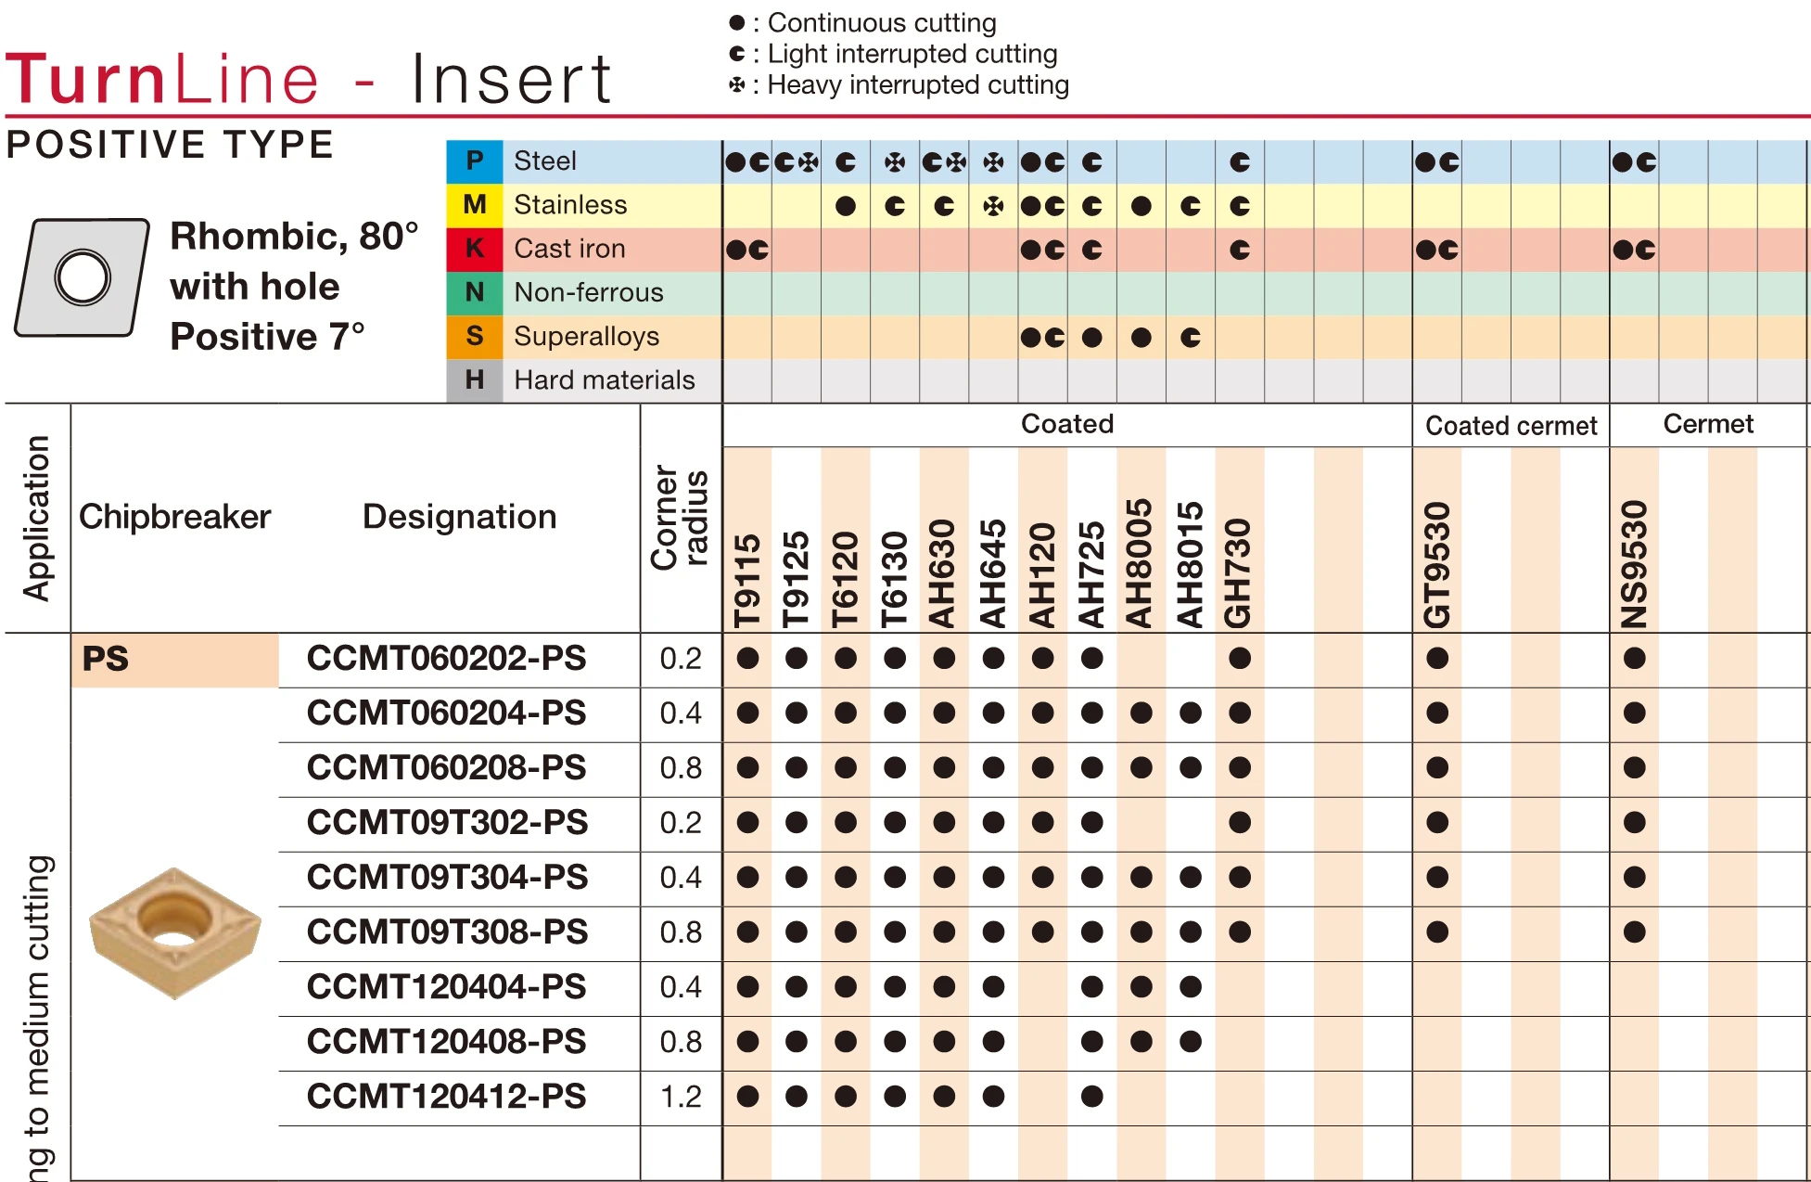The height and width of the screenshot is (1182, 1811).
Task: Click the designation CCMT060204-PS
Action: (x=446, y=713)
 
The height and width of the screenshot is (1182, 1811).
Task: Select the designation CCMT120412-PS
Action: (x=446, y=1096)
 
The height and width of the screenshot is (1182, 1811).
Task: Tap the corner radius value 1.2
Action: (x=681, y=1096)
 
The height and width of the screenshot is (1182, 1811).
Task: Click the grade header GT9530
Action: (x=1436, y=565)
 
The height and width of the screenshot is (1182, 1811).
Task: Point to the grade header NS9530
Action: (x=1634, y=565)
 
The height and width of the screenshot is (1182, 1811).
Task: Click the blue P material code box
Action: (x=475, y=161)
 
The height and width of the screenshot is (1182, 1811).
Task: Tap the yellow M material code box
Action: (x=475, y=204)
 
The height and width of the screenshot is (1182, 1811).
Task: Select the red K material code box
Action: (x=475, y=248)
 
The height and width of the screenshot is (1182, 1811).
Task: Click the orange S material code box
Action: (x=475, y=336)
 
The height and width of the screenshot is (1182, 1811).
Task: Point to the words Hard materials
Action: (x=604, y=379)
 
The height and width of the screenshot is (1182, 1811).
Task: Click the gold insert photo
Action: (x=174, y=931)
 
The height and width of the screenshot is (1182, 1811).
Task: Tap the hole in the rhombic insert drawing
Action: (x=83, y=277)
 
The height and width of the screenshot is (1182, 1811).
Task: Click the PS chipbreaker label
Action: (x=106, y=659)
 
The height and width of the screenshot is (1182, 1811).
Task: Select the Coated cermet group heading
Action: (x=1511, y=426)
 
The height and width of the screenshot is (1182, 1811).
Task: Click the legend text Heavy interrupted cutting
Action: (x=917, y=84)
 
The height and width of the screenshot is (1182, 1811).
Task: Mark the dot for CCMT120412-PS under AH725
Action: (x=1091, y=1096)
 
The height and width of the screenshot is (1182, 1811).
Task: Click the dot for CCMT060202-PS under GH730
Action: (x=1239, y=659)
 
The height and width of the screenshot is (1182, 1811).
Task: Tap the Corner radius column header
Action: (x=680, y=517)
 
